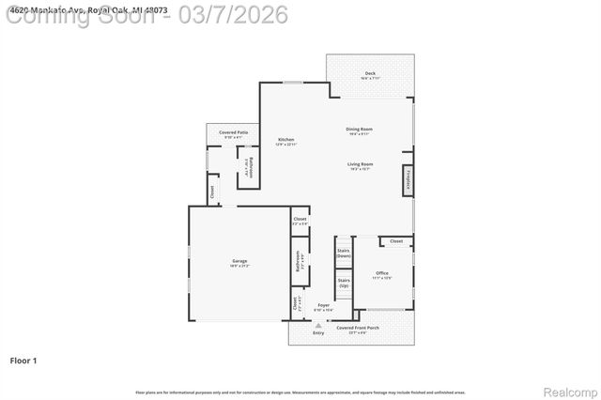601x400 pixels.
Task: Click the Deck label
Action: click(x=370, y=73)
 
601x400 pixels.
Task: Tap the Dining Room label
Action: click(x=360, y=129)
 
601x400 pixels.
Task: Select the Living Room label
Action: click(x=361, y=163)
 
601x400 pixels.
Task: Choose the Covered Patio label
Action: click(x=233, y=133)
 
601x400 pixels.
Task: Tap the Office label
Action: click(x=382, y=273)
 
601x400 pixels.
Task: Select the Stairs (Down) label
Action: click(x=344, y=252)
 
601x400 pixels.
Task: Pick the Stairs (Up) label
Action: click(x=344, y=281)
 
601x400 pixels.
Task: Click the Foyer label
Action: click(x=323, y=306)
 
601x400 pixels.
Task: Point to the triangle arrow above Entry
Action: click(x=318, y=323)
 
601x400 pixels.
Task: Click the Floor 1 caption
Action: click(x=23, y=360)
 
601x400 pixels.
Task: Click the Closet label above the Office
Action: click(x=396, y=241)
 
